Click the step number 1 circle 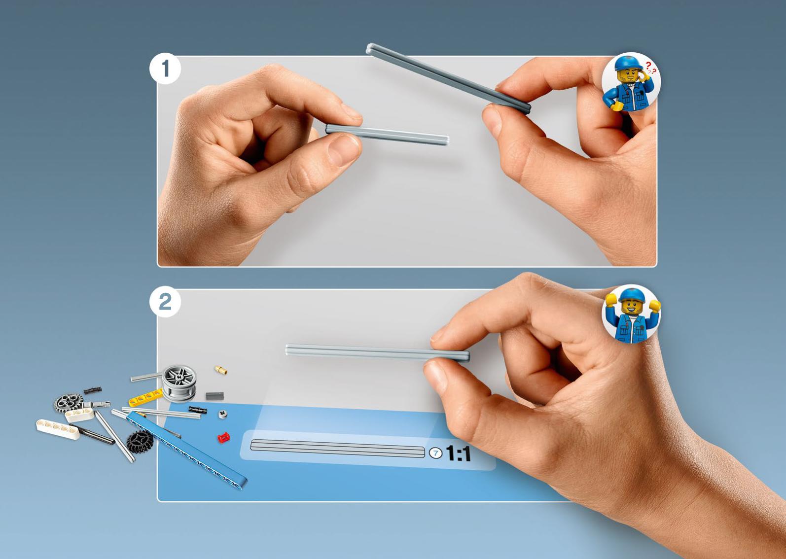click(165, 69)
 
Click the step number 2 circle click(165, 302)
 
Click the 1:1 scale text click(458, 454)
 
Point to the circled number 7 click(436, 453)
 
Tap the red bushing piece click(223, 438)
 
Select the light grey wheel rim click(179, 384)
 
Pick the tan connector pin click(221, 370)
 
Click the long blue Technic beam click(186, 450)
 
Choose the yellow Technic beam click(145, 398)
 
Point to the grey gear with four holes click(69, 403)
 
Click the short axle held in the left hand click(387, 134)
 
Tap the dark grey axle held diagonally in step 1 click(448, 78)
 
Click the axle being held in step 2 click(377, 353)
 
